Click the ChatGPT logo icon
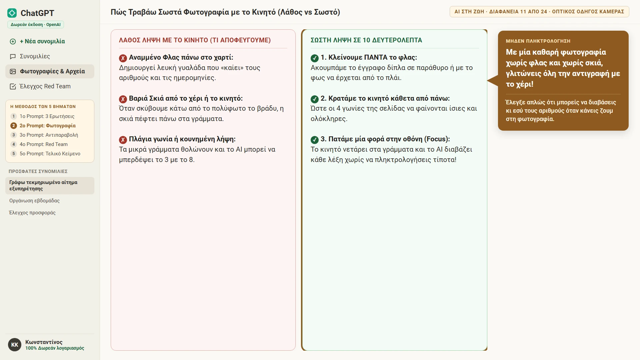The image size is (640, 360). point(12,13)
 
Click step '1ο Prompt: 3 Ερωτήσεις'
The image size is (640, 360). point(47,116)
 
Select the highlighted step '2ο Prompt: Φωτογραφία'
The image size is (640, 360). point(48,126)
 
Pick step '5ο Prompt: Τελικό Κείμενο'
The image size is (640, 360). point(50,154)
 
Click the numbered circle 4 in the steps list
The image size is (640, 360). point(14,144)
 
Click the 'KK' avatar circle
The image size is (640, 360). point(15,345)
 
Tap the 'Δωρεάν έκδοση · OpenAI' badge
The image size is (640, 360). point(36,25)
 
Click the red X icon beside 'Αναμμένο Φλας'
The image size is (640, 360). point(123,58)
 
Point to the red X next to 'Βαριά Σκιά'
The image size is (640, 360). point(123,99)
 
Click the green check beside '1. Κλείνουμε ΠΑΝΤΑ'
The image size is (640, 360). point(315,58)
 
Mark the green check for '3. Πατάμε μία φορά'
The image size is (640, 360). point(315,140)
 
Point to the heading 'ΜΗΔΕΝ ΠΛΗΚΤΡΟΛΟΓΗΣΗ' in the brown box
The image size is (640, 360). point(538,41)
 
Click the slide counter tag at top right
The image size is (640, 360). point(539,12)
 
